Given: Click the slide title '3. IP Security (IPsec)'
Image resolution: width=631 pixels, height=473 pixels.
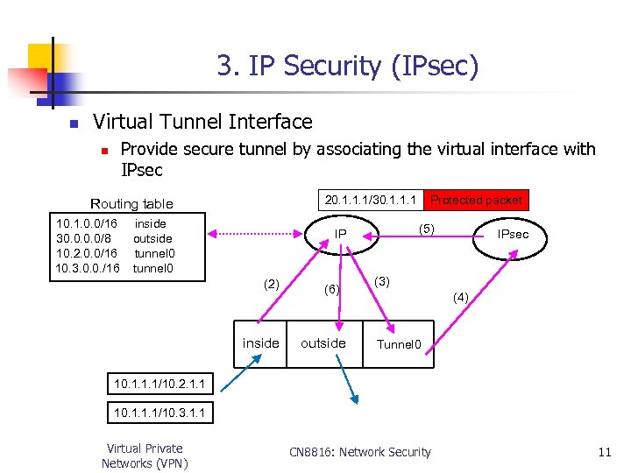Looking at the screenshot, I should tap(348, 66).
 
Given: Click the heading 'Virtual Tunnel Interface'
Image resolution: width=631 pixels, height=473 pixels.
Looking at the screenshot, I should tap(202, 122).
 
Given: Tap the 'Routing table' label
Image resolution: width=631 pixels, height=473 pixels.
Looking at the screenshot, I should tap(132, 203).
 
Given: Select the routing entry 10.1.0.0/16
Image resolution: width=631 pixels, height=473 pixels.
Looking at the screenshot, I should tap(87, 223).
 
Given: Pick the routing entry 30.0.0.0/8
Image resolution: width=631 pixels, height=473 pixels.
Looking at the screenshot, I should tap(84, 238).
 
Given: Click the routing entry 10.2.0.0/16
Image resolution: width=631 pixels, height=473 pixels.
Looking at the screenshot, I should tap(87, 253).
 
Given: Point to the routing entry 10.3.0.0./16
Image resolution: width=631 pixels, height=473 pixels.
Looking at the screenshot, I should tap(88, 268).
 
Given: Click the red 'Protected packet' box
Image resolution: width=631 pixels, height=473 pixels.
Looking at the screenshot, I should tap(476, 200).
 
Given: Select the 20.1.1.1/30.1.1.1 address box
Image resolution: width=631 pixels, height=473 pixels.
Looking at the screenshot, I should tap(369, 200).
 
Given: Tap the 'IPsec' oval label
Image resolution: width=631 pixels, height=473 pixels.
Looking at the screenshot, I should tap(513, 235).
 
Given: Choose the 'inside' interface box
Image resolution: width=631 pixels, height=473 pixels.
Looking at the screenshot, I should tap(260, 343).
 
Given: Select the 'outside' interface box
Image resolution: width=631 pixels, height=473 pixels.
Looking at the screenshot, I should tap(323, 343).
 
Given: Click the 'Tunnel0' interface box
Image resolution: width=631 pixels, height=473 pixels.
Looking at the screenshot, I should tap(400, 344).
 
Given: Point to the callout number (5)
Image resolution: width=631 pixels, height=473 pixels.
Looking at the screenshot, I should tap(427, 229).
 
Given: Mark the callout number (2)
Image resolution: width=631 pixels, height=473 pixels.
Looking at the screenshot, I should tap(272, 283).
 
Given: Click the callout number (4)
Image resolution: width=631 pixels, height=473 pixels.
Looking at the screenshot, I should tap(461, 298).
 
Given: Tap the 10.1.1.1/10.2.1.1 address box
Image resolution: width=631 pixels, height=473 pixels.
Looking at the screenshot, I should tap(160, 383).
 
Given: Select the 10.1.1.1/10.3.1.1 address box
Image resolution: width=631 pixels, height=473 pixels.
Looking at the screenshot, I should tap(160, 412).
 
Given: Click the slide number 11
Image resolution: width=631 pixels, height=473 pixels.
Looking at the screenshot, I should tap(604, 452).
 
